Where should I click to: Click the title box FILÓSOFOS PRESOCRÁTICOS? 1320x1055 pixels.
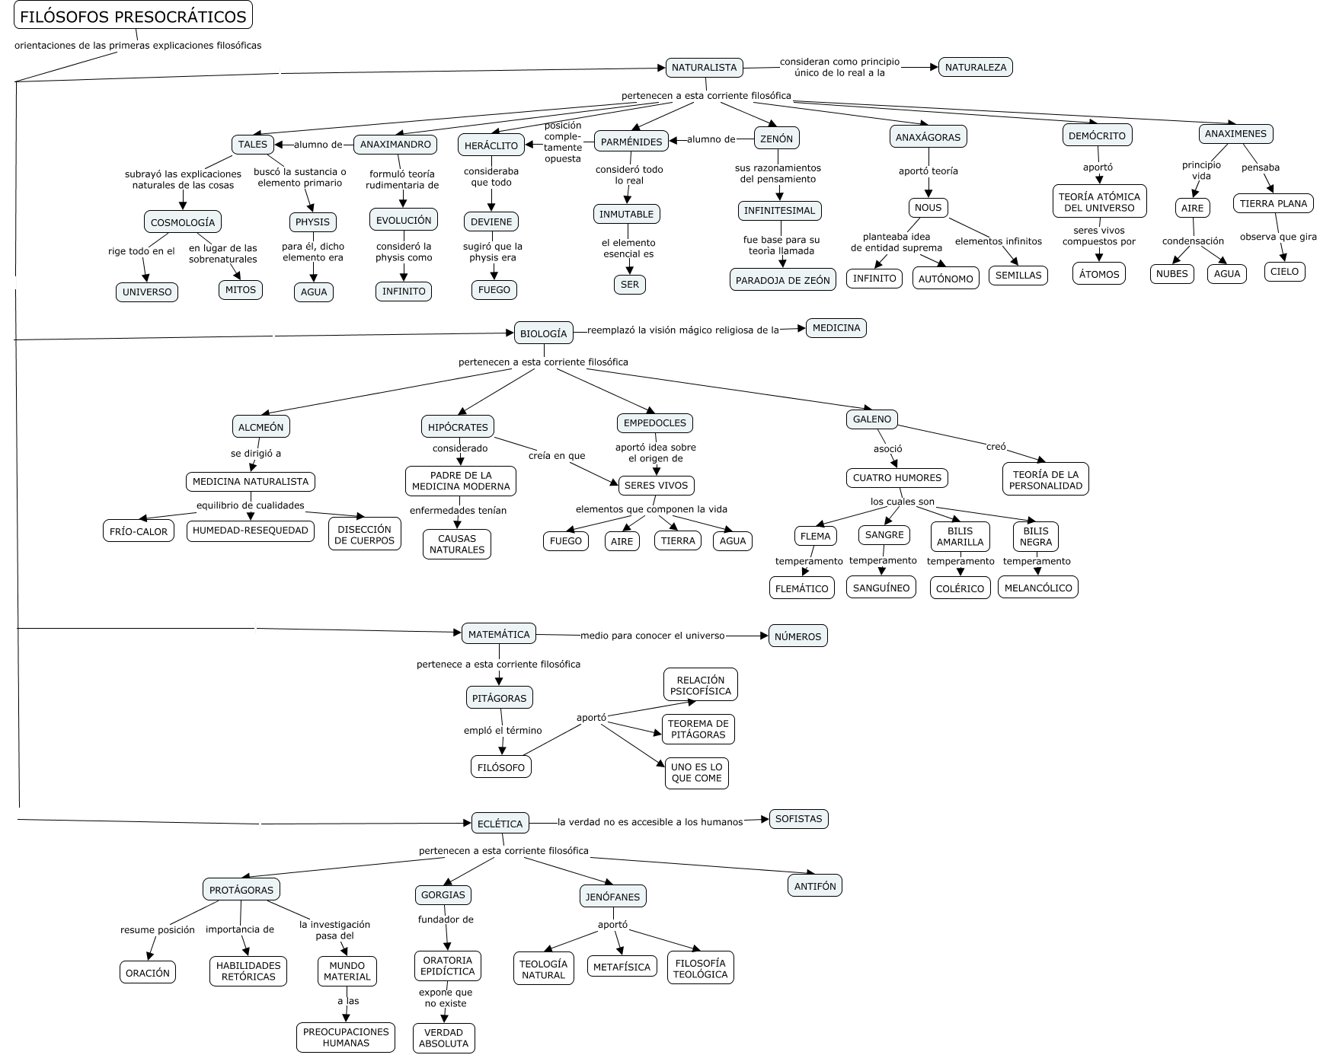point(133,16)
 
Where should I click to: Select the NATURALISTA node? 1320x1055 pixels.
point(704,68)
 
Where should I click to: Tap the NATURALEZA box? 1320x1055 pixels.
point(975,68)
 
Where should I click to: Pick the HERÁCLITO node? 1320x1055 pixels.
point(491,145)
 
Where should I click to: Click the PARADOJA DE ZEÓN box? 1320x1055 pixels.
point(782,280)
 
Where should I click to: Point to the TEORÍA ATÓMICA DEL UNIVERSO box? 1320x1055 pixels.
point(1099,202)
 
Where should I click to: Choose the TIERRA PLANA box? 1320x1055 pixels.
point(1273,203)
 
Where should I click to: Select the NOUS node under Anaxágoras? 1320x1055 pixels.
point(928,207)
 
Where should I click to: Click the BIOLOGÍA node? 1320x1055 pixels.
point(543,333)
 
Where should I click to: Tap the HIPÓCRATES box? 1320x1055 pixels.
point(457,427)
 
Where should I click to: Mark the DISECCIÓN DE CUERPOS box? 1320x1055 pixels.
point(364,534)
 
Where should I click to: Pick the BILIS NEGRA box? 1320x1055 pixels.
point(1035,537)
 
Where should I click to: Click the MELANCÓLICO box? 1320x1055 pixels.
point(1037,588)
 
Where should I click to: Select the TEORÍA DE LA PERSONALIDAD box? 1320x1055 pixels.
point(1045,480)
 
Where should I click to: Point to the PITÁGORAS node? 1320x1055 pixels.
point(499,698)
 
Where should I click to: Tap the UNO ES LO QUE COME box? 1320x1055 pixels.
point(696,773)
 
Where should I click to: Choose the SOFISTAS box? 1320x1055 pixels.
point(797,819)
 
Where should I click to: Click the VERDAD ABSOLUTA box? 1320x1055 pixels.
point(443,1037)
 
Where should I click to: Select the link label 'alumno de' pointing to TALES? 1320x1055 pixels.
point(318,145)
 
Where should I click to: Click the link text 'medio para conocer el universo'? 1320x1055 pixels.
point(652,635)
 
